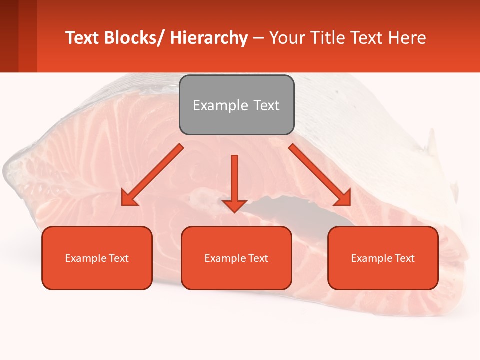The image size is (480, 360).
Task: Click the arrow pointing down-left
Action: [x=152, y=175]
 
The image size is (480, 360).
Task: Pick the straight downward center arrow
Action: [x=234, y=180]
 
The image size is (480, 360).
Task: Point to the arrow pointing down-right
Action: [x=320, y=175]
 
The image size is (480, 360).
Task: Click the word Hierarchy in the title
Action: [x=209, y=38]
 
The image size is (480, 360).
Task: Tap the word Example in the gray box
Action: [x=220, y=105]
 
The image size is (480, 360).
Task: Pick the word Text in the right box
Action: [x=404, y=258]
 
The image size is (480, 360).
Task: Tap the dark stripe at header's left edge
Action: [x=9, y=36]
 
